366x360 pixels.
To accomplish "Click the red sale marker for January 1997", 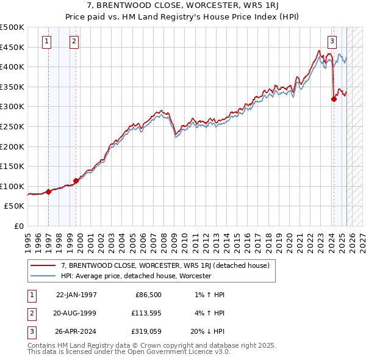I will [48, 192].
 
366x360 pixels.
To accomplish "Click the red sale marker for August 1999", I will [76, 181].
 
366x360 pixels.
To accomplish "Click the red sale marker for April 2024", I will [334, 99].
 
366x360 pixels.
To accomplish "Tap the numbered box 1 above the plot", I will [47, 41].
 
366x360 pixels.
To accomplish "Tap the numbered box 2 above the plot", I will [74, 41].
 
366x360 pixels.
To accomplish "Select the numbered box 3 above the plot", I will [332, 41].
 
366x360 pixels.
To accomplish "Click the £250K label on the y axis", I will [12, 126].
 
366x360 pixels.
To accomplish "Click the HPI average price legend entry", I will [135, 276].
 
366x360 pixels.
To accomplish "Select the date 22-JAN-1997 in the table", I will [76, 294].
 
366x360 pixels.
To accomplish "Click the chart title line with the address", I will [182, 7].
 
